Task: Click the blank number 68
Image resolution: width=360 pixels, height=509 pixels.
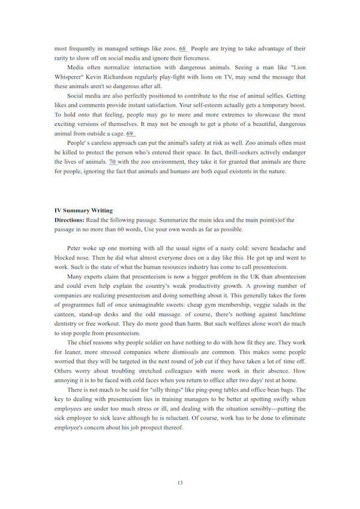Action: point(184,48)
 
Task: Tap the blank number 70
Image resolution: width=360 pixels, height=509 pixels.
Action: point(112,162)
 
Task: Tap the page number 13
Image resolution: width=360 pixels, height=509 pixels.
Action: point(180,483)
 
